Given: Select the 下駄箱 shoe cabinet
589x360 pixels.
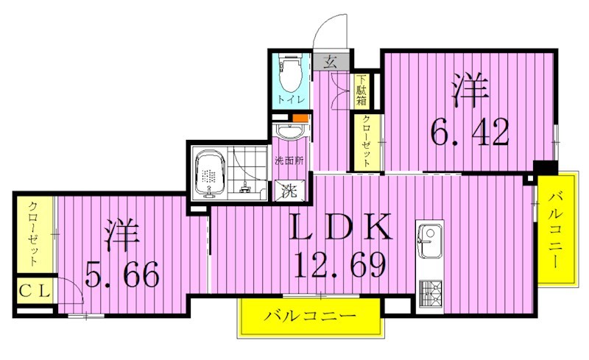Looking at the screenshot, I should (362, 91).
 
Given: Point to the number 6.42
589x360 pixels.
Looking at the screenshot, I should (470, 133).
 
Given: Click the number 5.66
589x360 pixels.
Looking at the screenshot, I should (122, 275).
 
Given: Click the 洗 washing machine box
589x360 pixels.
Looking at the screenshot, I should (288, 191).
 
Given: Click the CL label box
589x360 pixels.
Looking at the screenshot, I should (34, 289).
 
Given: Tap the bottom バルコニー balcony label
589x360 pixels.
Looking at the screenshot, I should (310, 317).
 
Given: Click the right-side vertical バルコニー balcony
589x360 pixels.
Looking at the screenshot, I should (557, 228).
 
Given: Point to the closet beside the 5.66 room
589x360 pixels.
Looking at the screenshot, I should (33, 234).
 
